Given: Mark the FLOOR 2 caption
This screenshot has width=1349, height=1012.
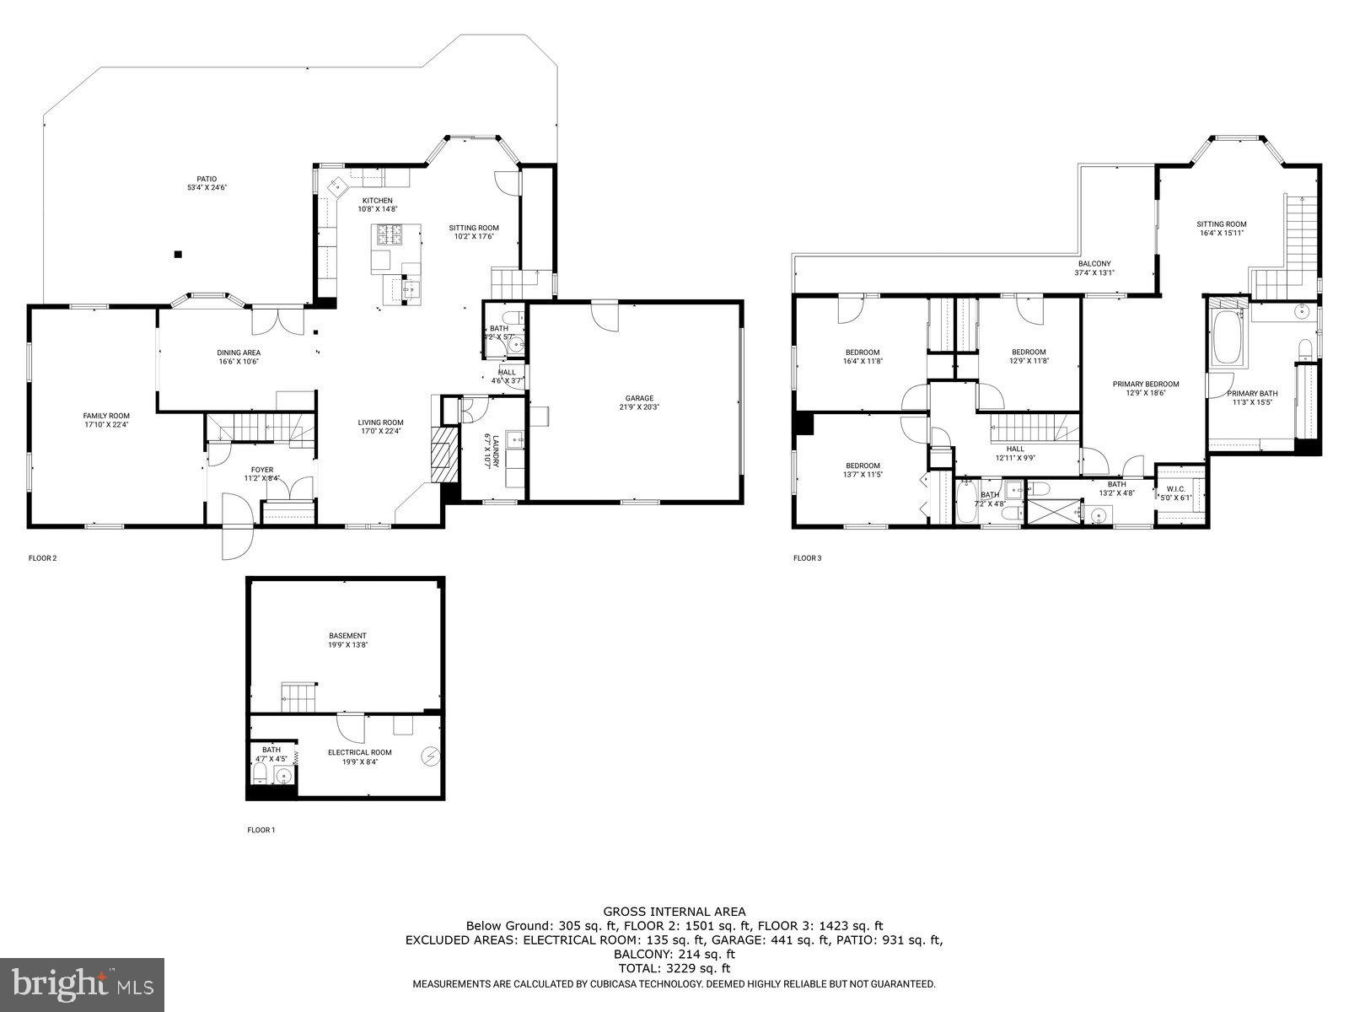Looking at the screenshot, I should pos(43,558).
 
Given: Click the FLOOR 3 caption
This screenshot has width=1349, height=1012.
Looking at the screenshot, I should pos(807,558).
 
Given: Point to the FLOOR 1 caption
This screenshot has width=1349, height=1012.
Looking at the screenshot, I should pos(261,831).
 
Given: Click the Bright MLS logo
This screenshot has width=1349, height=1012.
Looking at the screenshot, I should pos(83,982).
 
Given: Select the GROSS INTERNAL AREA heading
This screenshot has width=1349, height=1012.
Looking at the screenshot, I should pos(674,911).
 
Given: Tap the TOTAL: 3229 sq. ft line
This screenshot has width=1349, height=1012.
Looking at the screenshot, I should pos(674,968).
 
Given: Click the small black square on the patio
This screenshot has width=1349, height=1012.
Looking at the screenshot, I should pos(177,254).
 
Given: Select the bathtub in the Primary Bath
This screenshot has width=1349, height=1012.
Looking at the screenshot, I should pos(1227,338).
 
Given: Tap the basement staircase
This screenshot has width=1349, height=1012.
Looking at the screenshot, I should pos(298,697).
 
